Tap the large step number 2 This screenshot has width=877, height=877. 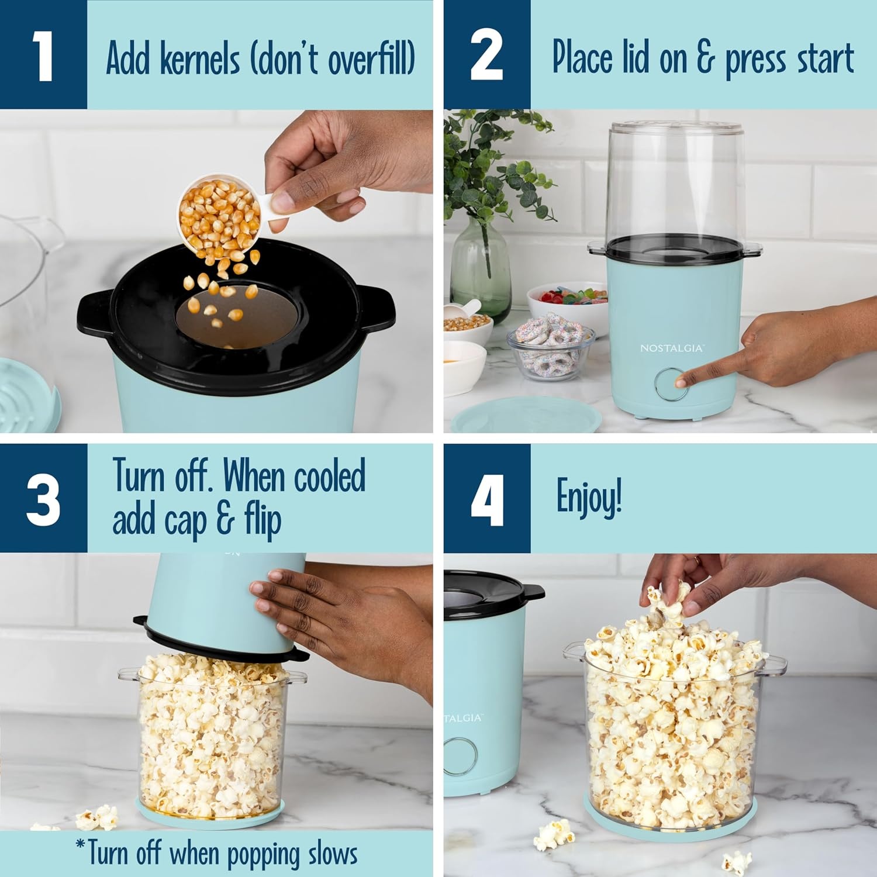pos(486,56)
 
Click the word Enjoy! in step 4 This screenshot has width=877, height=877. pos(589,497)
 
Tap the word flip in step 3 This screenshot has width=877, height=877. pos(263,520)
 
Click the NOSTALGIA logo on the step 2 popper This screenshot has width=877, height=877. pos(672,348)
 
